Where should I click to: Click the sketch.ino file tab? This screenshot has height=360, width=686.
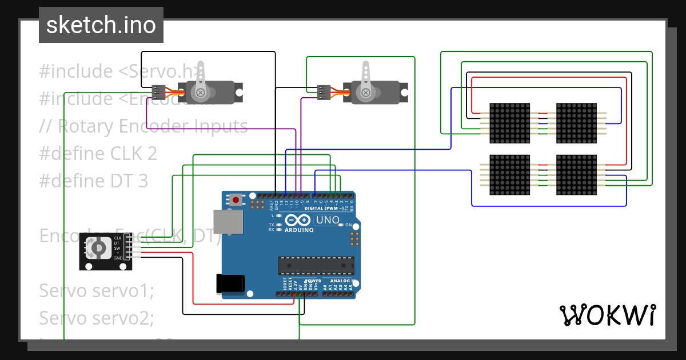pos(101,25)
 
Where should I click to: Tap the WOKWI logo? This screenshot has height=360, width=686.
pos(607,315)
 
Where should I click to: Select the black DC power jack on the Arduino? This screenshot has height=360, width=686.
pos(231,283)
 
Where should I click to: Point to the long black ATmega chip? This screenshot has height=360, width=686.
pos(316,266)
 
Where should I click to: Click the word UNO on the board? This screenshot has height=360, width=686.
pos(328,220)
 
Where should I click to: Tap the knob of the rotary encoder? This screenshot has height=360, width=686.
pos(98,248)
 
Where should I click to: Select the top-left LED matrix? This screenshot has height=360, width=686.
pos(510,123)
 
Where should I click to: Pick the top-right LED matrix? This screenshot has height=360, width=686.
pos(576,123)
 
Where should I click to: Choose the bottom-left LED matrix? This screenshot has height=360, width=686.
pos(510,174)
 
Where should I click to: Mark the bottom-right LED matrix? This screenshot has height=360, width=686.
pos(576,174)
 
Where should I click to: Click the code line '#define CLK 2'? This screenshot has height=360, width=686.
pos(98,154)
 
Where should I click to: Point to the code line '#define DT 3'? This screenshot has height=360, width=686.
pos(93,181)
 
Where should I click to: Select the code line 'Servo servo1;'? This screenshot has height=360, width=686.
pos(97,290)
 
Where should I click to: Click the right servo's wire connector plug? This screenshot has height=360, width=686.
pos(323,92)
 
